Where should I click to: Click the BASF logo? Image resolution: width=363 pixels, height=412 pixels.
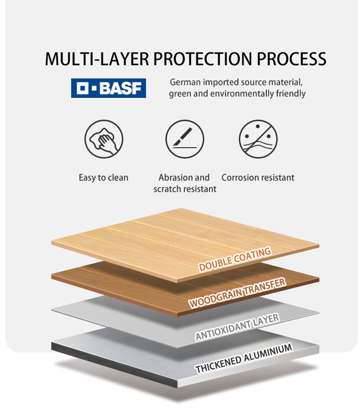(x=109, y=88)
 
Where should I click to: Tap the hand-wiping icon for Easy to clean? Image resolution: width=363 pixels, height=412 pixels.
(x=104, y=139)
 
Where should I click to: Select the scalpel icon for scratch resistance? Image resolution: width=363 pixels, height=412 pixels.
(x=185, y=139)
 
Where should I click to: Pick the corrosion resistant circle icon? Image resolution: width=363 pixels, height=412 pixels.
(x=258, y=139)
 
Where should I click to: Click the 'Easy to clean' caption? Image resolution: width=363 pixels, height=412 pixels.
(x=103, y=178)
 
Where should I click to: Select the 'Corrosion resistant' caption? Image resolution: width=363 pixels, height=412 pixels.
(x=258, y=178)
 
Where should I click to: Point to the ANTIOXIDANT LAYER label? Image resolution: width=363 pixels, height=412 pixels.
(x=237, y=327)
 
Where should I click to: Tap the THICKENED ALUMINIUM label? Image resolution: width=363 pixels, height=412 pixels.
(x=244, y=358)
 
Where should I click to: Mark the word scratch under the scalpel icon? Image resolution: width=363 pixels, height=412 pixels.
(x=167, y=189)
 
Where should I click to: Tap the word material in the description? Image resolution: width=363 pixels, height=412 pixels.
(x=288, y=82)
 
